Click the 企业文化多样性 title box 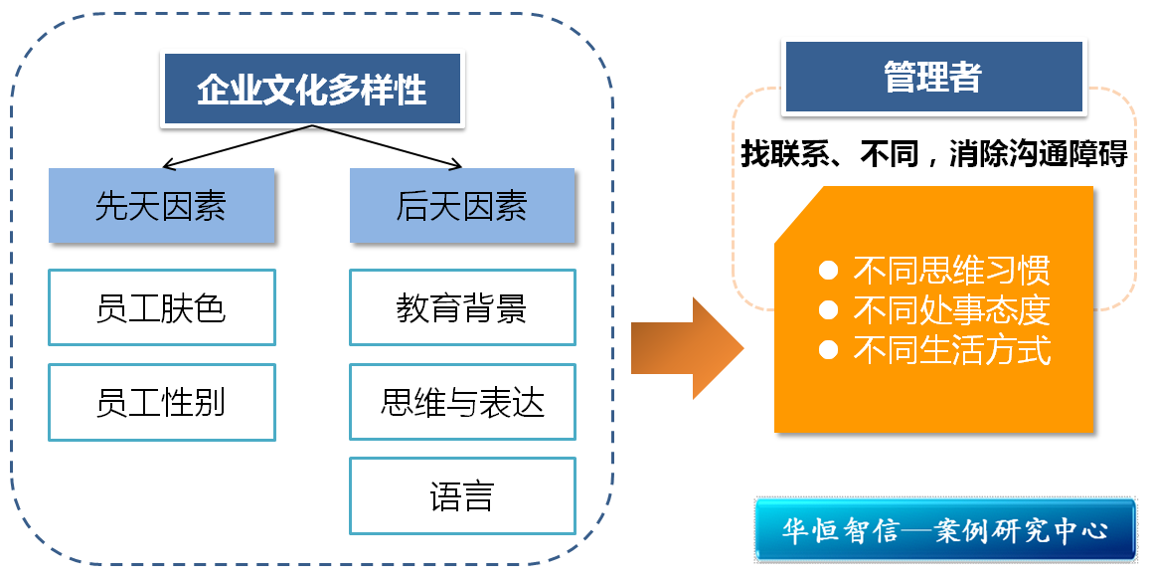[312, 89]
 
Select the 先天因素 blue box [161, 206]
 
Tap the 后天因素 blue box [462, 206]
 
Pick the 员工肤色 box [161, 307]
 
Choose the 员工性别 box [161, 402]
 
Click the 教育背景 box [462, 307]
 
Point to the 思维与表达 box [462, 402]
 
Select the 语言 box [462, 495]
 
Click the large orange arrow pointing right [687, 347]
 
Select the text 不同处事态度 [951, 310]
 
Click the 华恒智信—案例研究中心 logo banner [944, 529]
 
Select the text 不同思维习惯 [951, 271]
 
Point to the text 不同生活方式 [951, 350]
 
